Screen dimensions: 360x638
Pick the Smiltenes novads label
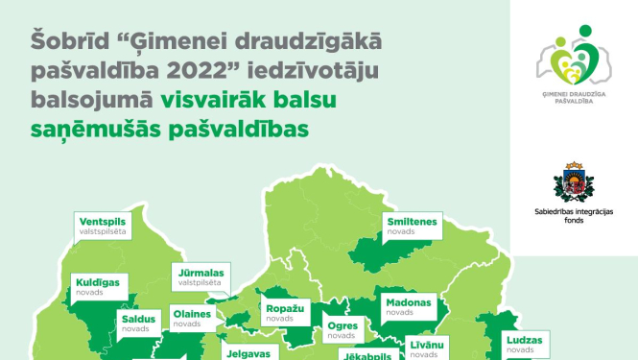pyautogui.click(x=412, y=226)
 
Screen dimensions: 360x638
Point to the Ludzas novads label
pyautogui.click(x=523, y=345)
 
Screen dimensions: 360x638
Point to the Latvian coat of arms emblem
pyautogui.click(x=574, y=182)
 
